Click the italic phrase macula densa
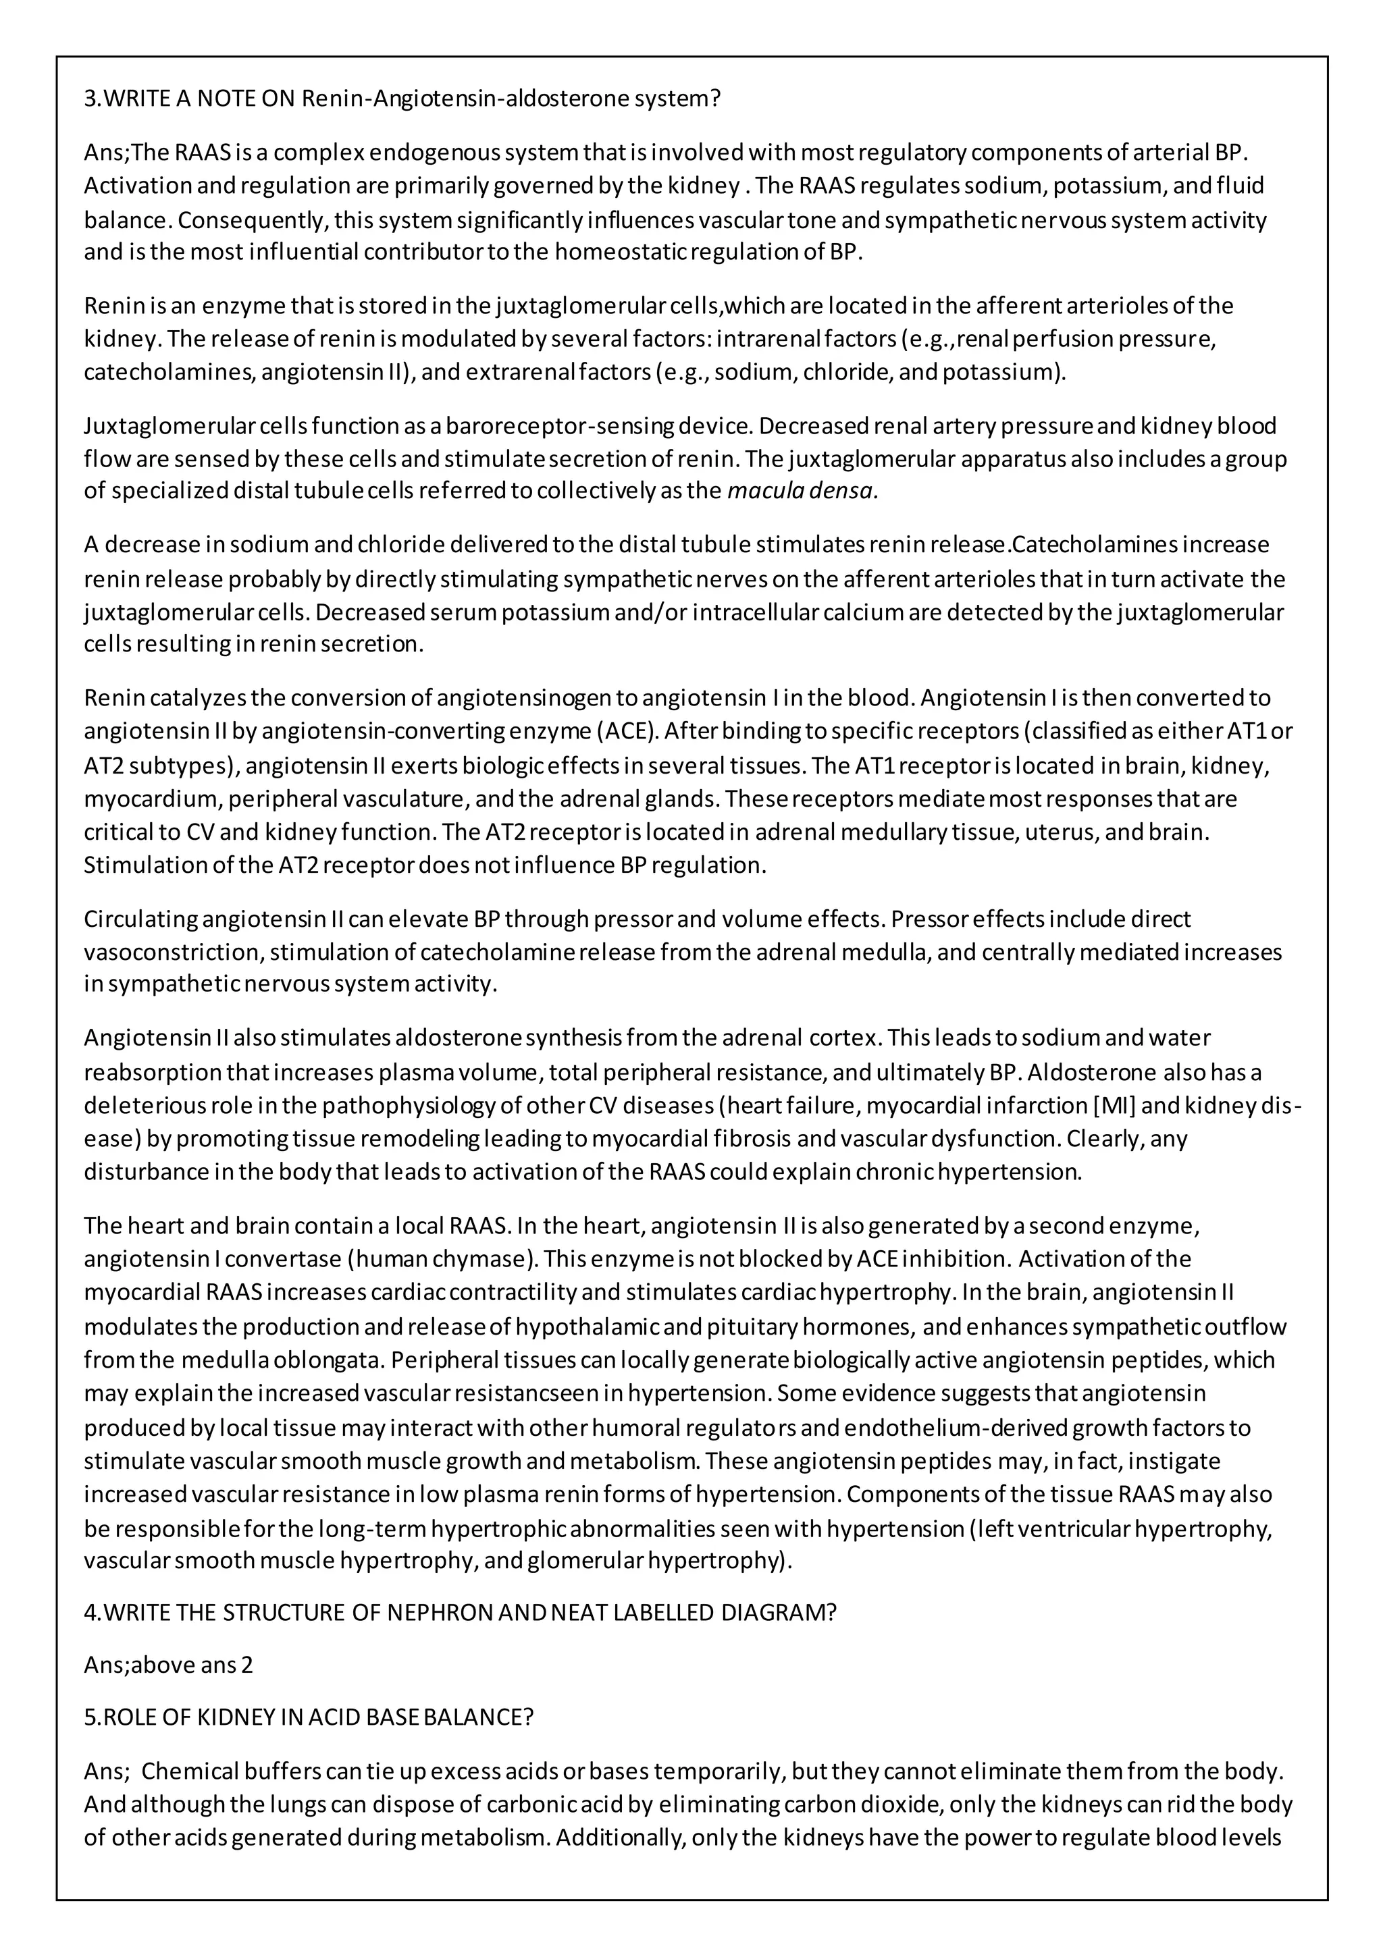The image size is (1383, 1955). click(802, 491)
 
